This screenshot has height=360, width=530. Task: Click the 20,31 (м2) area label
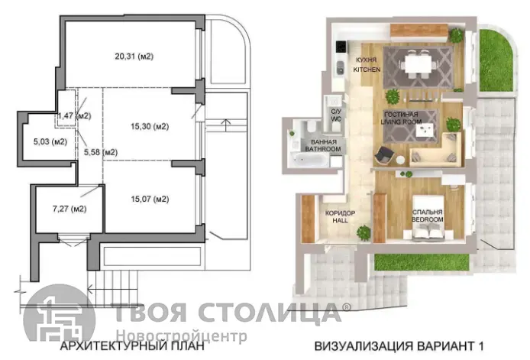click(x=134, y=57)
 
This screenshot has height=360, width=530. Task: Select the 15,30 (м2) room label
click(x=150, y=127)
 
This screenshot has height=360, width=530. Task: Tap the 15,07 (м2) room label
click(x=150, y=199)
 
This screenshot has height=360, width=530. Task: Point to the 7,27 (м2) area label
click(x=69, y=209)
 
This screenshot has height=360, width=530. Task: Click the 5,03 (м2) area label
click(x=50, y=141)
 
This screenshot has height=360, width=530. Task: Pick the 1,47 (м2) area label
click(x=75, y=115)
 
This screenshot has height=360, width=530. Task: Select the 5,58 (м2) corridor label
click(x=101, y=152)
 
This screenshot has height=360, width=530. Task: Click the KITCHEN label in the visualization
click(x=367, y=70)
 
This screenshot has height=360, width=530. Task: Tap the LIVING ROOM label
click(x=401, y=122)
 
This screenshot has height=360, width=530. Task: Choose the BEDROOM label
click(x=428, y=219)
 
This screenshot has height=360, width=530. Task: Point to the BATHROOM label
click(x=323, y=149)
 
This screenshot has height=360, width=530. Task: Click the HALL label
click(x=340, y=220)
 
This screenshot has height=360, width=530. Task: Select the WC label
click(x=336, y=118)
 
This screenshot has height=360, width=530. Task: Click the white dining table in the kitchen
click(x=419, y=63)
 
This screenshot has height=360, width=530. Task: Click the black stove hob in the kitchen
click(x=341, y=47)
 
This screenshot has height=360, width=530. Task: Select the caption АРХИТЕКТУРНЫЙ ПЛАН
click(x=132, y=346)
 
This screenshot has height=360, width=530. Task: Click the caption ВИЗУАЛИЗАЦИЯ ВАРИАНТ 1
click(x=399, y=346)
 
